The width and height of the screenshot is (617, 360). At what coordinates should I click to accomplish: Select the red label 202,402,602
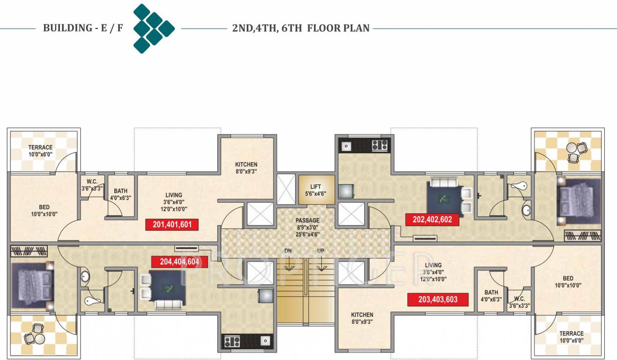pos(432,219)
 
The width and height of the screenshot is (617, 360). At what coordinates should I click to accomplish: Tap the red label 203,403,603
pos(438,300)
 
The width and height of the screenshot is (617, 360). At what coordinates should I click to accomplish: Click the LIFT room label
pos(316,187)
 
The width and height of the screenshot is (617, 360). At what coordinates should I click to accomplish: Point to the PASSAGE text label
pos(307,220)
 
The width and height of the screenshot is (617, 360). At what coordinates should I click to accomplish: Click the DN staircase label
pos(288,251)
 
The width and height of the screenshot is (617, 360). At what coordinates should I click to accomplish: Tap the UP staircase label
pos(320,251)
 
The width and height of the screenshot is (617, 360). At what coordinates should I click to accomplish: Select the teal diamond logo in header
pos(154,29)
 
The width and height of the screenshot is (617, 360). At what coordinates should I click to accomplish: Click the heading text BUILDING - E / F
pos(83,28)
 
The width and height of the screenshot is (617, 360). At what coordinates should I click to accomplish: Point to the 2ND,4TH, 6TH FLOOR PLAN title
pos(301,28)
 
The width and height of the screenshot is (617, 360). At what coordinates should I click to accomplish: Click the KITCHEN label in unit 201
pos(246,165)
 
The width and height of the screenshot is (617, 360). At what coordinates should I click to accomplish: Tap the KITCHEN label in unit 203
pos(362,315)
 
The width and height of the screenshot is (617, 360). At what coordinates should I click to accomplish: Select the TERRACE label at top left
pos(40,148)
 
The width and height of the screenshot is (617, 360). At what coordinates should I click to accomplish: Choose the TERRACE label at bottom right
pos(572,334)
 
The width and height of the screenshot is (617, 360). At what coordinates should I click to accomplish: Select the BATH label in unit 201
pos(120,191)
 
